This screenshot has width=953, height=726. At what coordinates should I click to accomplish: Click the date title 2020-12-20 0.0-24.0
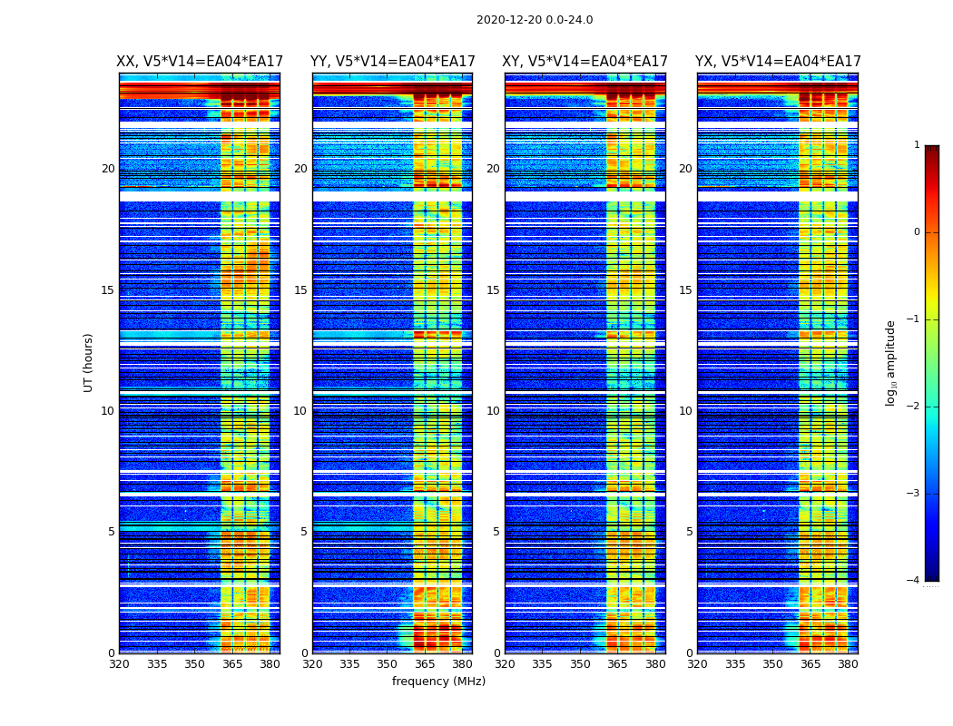point(535,20)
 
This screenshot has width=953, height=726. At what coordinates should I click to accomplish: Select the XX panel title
point(200,62)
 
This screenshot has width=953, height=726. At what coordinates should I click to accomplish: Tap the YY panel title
point(392,62)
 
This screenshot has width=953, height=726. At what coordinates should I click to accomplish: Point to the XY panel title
point(585,62)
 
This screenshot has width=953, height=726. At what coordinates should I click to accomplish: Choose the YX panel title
point(778,62)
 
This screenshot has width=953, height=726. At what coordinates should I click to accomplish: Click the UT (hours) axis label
point(89,362)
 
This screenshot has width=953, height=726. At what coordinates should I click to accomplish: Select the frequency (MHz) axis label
point(438,682)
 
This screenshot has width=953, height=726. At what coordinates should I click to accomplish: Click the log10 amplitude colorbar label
point(891,362)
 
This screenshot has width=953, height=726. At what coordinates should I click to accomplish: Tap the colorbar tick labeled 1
point(917,145)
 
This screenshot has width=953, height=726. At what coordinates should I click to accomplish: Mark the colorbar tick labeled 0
point(917,232)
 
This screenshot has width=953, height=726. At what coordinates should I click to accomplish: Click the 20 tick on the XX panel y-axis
point(108,169)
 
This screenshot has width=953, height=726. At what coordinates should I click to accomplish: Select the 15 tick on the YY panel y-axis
point(300,290)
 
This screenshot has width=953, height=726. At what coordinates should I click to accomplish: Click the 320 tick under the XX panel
point(119,664)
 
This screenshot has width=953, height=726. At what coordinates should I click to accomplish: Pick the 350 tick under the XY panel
point(580,664)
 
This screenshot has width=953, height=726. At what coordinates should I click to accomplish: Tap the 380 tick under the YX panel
point(848,664)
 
